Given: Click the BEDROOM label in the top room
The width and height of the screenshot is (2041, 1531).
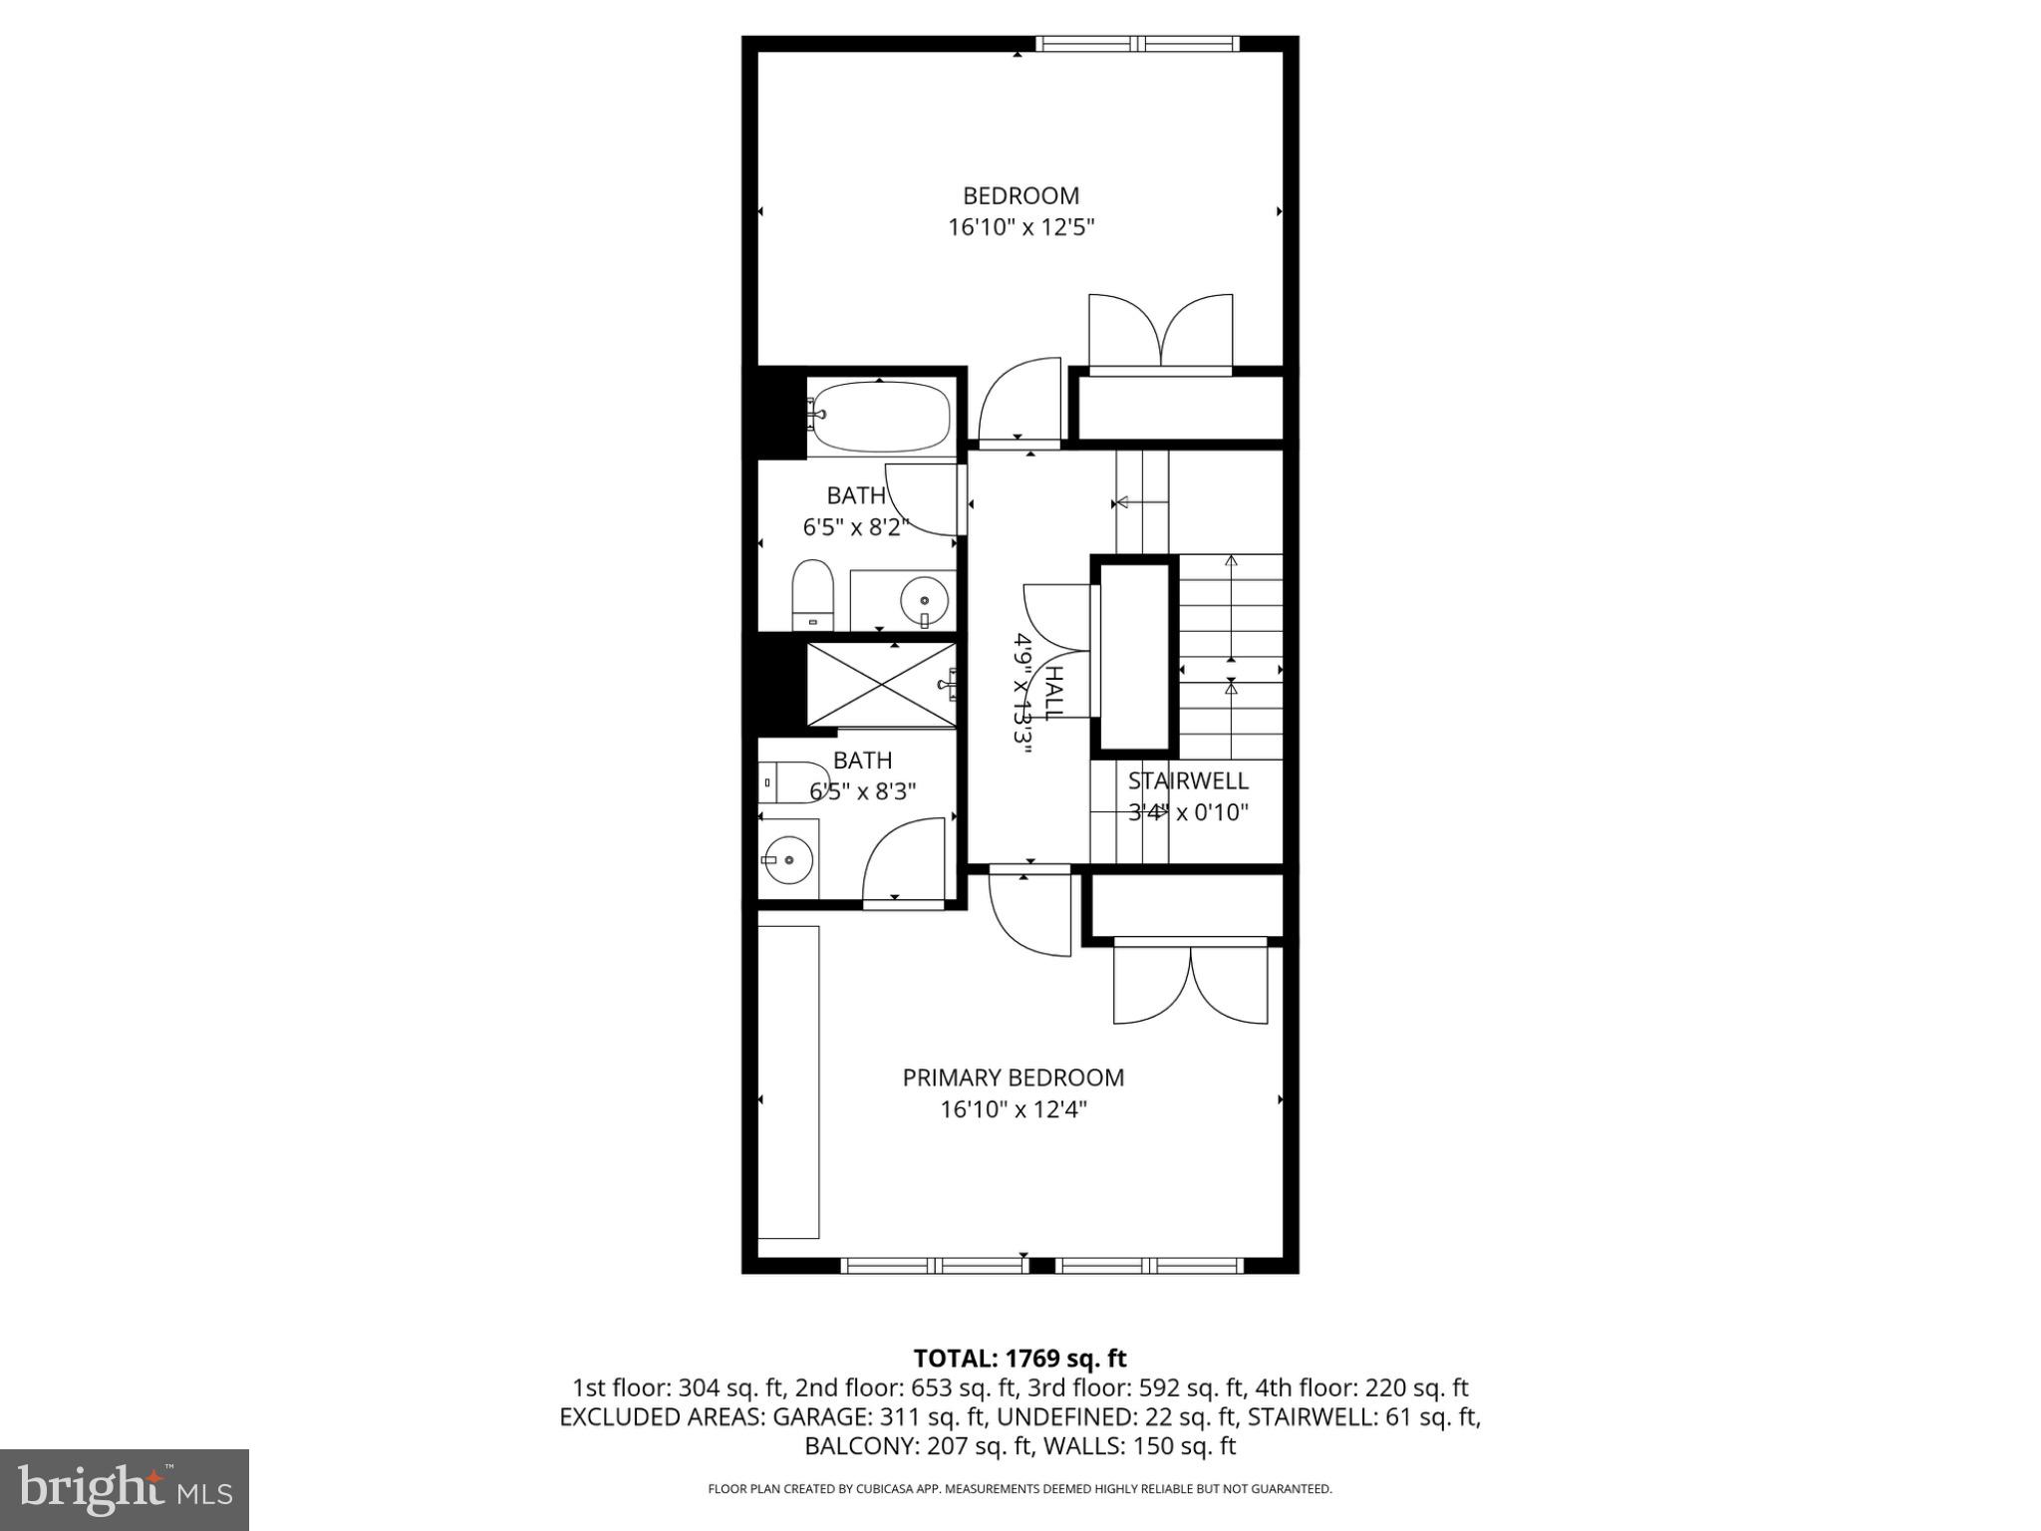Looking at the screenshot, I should (x=1020, y=196).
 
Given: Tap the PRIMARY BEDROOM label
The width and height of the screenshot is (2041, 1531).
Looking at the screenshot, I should (x=1013, y=1077).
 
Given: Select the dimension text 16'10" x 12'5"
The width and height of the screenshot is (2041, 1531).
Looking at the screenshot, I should (x=1020, y=228).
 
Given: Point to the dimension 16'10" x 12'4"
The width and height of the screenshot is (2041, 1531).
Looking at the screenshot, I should (x=1013, y=1109).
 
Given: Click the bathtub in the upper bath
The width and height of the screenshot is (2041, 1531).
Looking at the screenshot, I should (x=879, y=417).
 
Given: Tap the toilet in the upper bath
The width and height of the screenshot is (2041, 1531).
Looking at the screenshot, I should (x=812, y=594).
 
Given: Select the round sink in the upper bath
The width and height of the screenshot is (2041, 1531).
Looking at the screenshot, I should (x=925, y=600).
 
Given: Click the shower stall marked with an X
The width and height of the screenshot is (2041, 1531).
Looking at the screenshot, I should (x=880, y=685).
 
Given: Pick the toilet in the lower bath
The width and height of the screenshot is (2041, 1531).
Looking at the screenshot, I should (x=792, y=782).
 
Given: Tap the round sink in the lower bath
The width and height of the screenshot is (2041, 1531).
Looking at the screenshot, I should (x=787, y=858).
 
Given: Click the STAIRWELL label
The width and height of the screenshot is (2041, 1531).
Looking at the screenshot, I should (x=1188, y=780).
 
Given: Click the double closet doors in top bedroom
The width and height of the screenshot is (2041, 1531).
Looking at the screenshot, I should (x=1160, y=335).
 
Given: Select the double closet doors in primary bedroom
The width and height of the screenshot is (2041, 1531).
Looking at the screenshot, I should (x=1190, y=984).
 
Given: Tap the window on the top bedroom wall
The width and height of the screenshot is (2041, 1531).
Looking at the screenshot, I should (x=1137, y=44).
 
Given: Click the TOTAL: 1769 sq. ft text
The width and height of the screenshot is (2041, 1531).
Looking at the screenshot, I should (x=1020, y=1359).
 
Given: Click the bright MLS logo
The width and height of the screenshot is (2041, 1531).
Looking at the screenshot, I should (x=125, y=1489).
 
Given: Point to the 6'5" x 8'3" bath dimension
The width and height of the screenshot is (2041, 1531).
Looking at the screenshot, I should (x=863, y=792).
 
